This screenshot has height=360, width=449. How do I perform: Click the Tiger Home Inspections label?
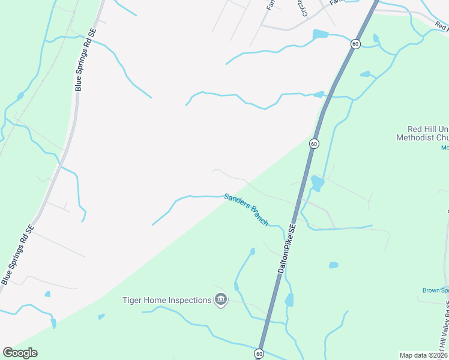(x=167, y=300)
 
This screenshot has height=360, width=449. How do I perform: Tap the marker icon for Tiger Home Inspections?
(x=220, y=300)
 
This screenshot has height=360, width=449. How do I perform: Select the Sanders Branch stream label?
(x=246, y=209)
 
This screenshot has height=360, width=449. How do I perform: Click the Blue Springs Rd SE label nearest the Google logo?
(x=17, y=255)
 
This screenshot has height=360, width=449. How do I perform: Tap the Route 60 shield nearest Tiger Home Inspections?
(x=259, y=354)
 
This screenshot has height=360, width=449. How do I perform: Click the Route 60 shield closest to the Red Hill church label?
(x=314, y=144)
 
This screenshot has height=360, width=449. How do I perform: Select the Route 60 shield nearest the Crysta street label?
(x=355, y=44)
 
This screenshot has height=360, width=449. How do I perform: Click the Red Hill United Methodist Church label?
(x=427, y=133)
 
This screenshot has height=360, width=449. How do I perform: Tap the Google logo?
(x=20, y=353)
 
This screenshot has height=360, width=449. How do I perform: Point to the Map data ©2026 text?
(x=423, y=355)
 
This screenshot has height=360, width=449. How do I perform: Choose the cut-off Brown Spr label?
(x=435, y=290)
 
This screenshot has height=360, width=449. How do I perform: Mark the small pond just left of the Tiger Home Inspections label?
(x=101, y=317)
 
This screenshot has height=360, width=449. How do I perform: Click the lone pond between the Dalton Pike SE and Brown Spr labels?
(x=333, y=265)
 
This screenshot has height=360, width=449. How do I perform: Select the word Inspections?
(x=190, y=300)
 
